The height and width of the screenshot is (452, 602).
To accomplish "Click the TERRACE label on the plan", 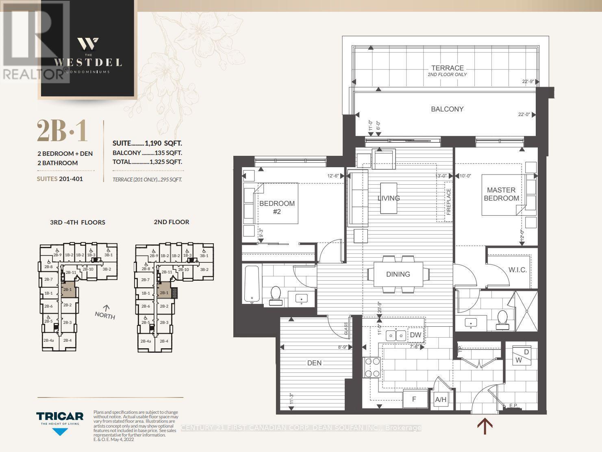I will tap(447, 68).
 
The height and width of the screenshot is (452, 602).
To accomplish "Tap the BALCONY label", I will tap(447, 109).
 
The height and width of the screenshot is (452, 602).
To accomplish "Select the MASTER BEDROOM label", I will tap(501, 194).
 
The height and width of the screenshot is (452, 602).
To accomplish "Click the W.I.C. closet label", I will tap(517, 270).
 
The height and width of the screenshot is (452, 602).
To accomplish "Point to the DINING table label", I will tap(398, 274).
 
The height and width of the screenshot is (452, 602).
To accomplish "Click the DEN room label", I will tap(314, 363).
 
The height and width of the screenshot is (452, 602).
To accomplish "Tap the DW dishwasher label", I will tap(415, 335).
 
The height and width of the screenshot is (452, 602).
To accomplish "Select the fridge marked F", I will tap(414, 399).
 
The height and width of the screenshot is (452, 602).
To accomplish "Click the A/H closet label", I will tap(441, 400).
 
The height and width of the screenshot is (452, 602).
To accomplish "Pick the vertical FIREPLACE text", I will tap(449, 202).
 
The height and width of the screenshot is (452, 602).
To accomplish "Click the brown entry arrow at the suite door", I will tap(485, 426).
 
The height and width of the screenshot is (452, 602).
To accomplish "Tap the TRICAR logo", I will tap(60, 417).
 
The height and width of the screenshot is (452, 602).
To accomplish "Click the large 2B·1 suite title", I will tap(62, 131).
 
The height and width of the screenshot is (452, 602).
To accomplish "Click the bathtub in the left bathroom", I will tap(252, 284).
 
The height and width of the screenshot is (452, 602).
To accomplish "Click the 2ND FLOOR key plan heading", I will tap(171, 222).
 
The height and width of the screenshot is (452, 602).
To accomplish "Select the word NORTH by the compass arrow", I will tap(105, 315).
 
